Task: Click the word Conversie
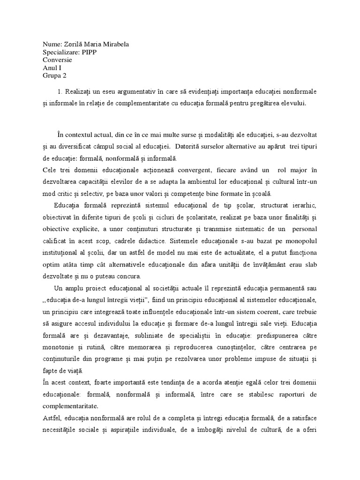pos(57,60)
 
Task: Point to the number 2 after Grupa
pos(64,76)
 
